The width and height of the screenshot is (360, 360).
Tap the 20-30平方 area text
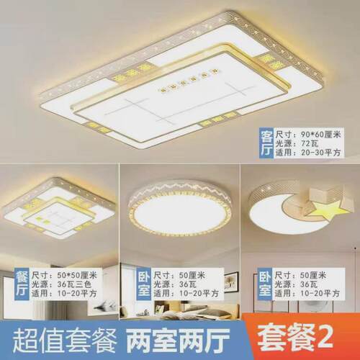pos(316,153)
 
